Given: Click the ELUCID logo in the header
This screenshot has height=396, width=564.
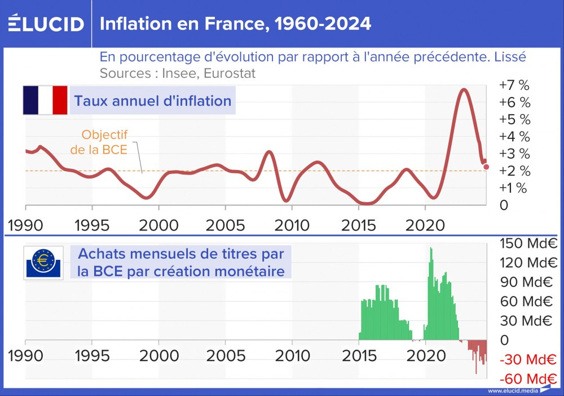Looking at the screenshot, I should pos(46,23).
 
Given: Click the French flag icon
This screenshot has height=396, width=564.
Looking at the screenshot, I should pos(45,101).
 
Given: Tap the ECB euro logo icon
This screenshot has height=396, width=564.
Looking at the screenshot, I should pos(44,263).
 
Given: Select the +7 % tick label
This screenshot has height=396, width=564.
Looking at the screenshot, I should pos(514,86).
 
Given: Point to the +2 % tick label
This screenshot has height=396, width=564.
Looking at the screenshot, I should pos(514,171).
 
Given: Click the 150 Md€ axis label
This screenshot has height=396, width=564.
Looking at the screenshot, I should pos(528,244).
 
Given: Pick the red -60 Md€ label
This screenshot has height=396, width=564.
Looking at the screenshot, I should pos(528,378).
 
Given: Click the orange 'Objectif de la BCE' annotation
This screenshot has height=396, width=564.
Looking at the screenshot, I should pos(105,142).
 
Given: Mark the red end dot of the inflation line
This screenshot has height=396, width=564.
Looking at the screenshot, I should pos(487,167).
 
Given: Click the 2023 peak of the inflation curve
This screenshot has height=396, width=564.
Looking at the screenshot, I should pos(464,90).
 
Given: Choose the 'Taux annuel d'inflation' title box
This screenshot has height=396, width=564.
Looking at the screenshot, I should pos(152,101).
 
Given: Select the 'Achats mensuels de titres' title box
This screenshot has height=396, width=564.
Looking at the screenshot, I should pos(180,262).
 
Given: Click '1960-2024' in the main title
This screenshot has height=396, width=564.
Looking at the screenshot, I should pos(316,24).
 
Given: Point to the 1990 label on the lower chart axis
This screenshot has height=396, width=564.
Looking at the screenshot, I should pos(26,356).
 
